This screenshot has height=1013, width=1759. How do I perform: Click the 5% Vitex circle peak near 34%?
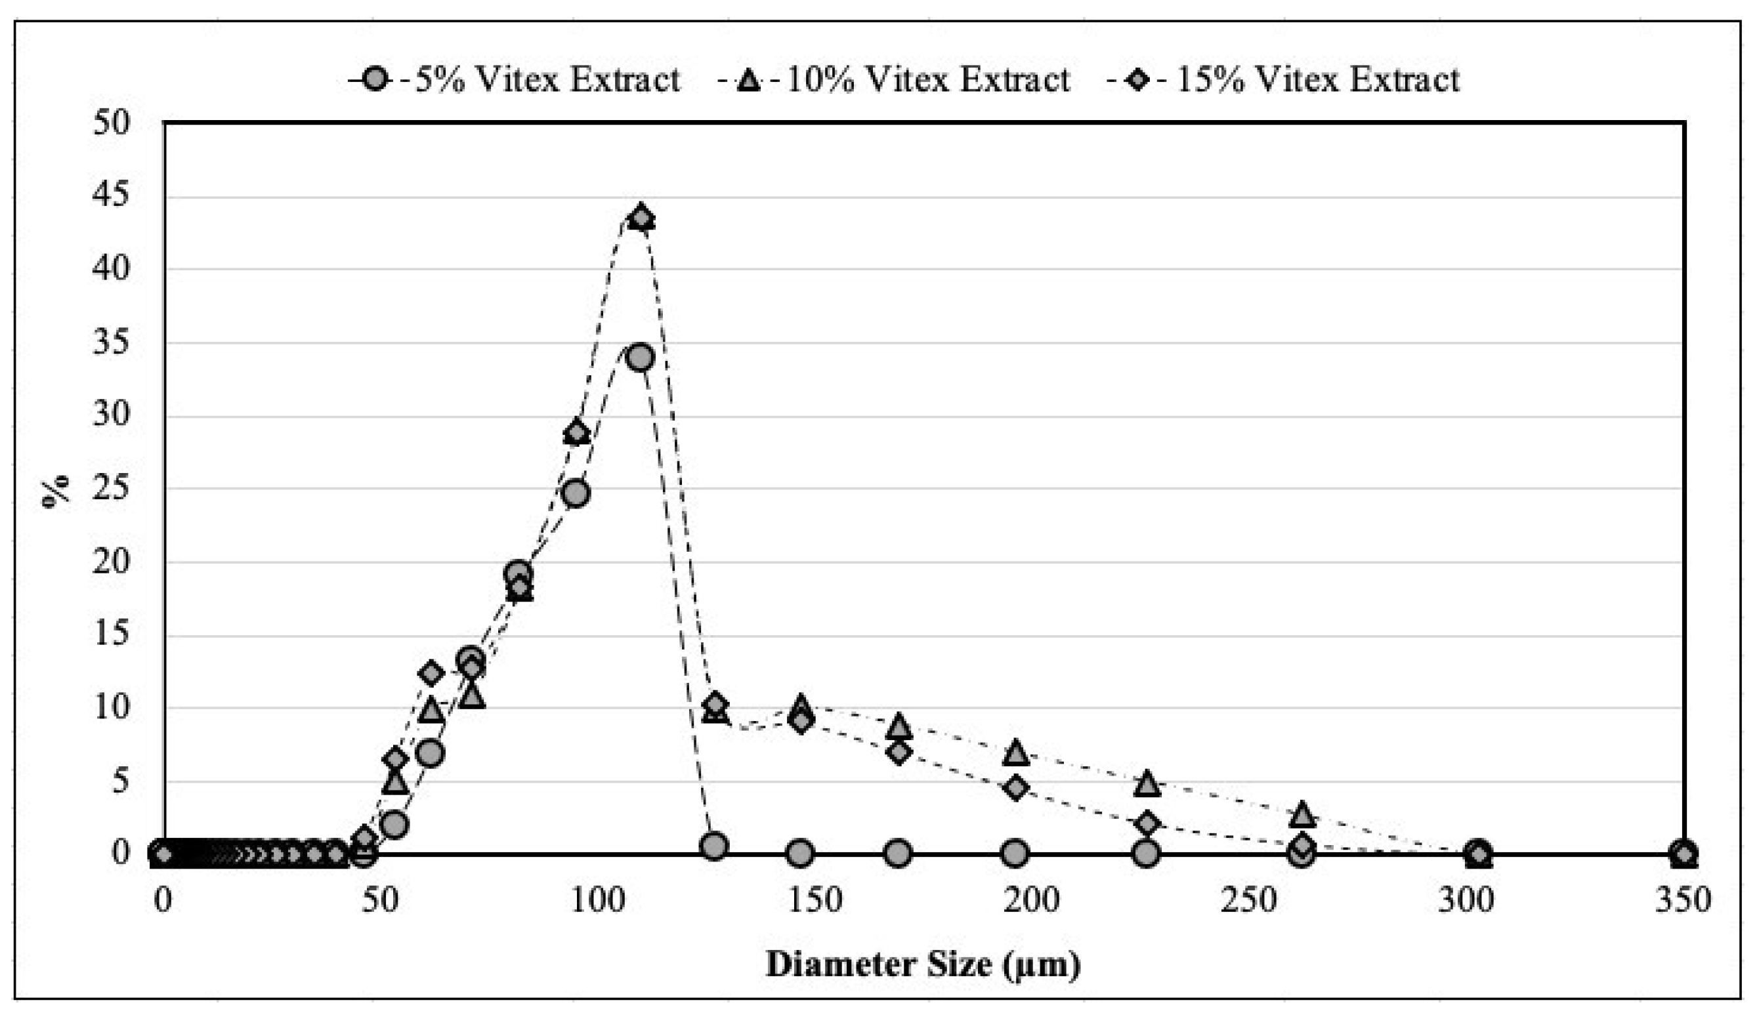pyautogui.click(x=639, y=358)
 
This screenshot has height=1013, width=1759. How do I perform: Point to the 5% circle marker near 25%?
pyautogui.click(x=576, y=493)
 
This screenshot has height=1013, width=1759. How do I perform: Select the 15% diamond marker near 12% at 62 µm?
pyautogui.click(x=431, y=672)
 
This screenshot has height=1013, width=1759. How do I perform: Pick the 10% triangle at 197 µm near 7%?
pyautogui.click(x=1016, y=752)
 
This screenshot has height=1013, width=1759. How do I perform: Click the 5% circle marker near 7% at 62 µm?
pyautogui.click(x=431, y=753)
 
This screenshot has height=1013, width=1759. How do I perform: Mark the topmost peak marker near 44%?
pyautogui.click(x=641, y=218)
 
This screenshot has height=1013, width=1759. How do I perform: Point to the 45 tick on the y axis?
pyautogui.click(x=112, y=196)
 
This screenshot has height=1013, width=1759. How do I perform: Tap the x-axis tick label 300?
pyautogui.click(x=1466, y=900)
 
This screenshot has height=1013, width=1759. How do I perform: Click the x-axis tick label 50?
pyautogui.click(x=380, y=900)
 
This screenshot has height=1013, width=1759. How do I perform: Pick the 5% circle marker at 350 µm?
pyautogui.click(x=1683, y=853)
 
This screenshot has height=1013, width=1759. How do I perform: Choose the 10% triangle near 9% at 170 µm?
pyautogui.click(x=899, y=726)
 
